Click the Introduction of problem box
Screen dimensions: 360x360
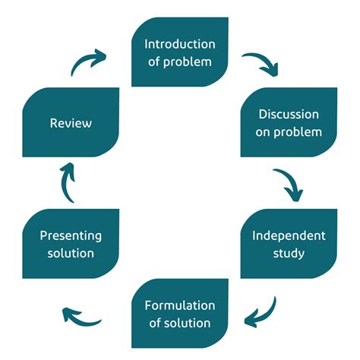pos(180,52)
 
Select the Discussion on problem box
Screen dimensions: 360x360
pos(289,122)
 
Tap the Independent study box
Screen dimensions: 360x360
pos(289,243)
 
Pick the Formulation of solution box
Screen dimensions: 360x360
pos(180,314)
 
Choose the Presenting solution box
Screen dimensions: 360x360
pos(71,243)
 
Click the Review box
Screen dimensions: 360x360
pos(71,122)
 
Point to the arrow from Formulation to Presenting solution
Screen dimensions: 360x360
pos(81,315)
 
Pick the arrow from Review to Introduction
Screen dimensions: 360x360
pos(90,62)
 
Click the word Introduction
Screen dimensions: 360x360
pos(180,44)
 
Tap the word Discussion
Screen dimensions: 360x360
pos(289,115)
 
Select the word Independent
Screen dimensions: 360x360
pos(289,235)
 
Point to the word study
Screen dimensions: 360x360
pos(289,251)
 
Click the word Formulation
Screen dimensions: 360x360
pos(180,305)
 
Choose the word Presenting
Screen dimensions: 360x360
pos(71,235)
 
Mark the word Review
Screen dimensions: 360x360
pos(71,122)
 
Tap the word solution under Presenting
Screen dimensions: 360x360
pos(71,252)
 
